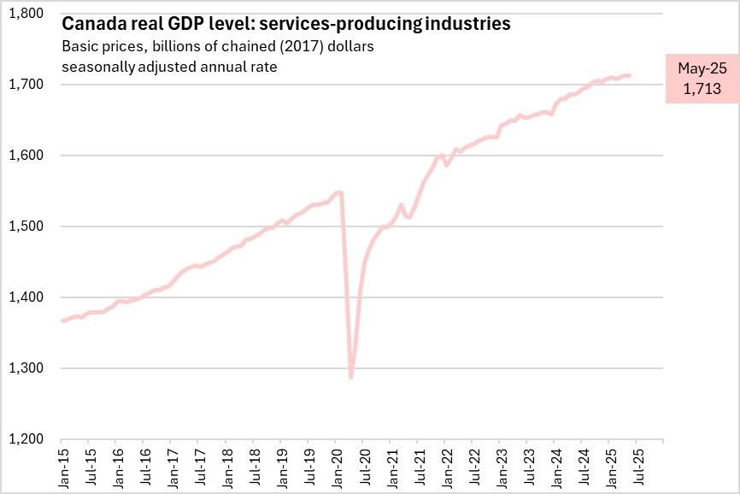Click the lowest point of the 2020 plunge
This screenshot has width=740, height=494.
tap(351, 377)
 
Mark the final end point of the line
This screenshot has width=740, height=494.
tap(630, 76)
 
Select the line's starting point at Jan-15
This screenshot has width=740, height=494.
tap(62, 321)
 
